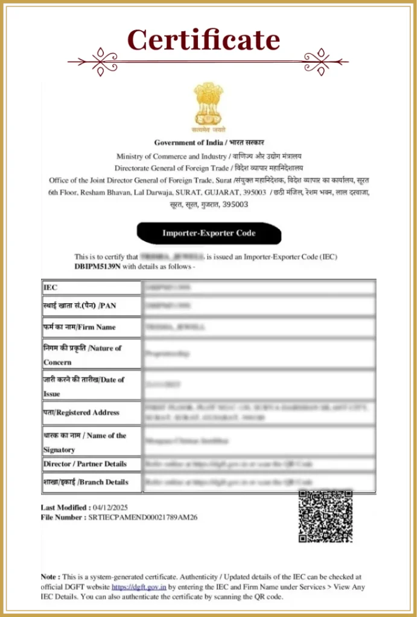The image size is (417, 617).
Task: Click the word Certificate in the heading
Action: (x=204, y=40)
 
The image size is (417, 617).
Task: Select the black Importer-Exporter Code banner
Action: (x=209, y=233)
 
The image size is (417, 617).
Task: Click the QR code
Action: (x=326, y=516)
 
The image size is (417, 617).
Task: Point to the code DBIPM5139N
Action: (x=98, y=266)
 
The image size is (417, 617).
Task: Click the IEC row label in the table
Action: (x=51, y=288)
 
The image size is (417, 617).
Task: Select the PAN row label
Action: (x=79, y=305)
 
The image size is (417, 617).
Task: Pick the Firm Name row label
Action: (x=79, y=327)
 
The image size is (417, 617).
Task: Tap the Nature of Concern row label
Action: (x=82, y=355)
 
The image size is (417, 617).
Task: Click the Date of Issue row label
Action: (x=83, y=386)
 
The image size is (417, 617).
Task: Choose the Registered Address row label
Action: (x=81, y=413)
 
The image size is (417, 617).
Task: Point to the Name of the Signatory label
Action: (x=84, y=442)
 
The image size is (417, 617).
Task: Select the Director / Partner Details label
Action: (x=85, y=464)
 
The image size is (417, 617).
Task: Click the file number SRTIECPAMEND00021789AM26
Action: (x=143, y=517)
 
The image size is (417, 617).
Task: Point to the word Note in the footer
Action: (x=49, y=577)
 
